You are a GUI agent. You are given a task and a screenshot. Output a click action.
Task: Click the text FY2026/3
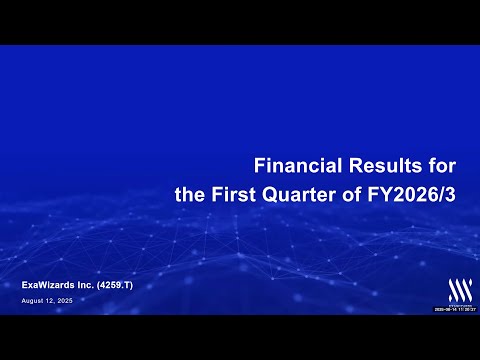413,194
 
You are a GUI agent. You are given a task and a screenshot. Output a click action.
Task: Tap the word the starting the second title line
189,194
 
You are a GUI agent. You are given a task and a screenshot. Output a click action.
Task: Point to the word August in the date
33,300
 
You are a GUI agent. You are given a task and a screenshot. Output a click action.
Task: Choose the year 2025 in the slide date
66,300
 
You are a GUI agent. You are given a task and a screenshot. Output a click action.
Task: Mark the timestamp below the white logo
455,310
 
